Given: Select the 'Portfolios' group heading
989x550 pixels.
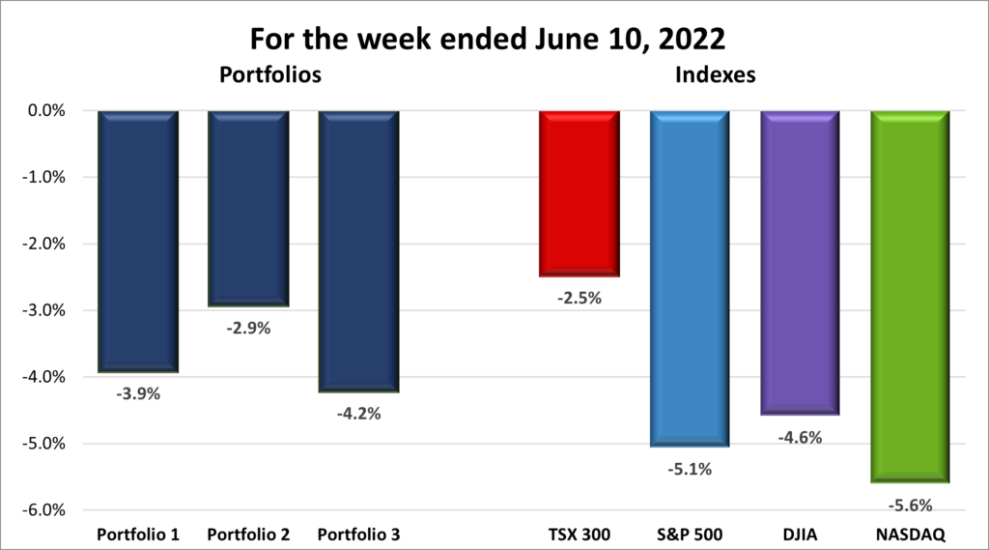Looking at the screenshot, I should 269,73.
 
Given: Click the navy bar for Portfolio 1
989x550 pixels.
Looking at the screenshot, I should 138,241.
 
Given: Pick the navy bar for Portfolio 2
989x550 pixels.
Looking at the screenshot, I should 248,208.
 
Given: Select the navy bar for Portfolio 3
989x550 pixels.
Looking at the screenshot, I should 358,251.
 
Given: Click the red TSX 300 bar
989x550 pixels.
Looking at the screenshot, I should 579,193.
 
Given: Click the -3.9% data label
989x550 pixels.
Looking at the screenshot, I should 138,394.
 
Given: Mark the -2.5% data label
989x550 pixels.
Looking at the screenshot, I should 579,298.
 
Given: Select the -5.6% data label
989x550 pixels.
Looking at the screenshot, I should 910,504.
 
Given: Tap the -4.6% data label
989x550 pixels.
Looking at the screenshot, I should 799,437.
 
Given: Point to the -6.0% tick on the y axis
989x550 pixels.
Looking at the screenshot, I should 42,510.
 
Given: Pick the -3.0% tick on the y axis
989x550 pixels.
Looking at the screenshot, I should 42,310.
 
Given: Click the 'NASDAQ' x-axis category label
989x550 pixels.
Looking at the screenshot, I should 910,534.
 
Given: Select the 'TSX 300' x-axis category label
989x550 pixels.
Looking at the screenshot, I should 579,534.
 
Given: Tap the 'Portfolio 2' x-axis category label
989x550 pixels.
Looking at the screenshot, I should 248,534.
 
